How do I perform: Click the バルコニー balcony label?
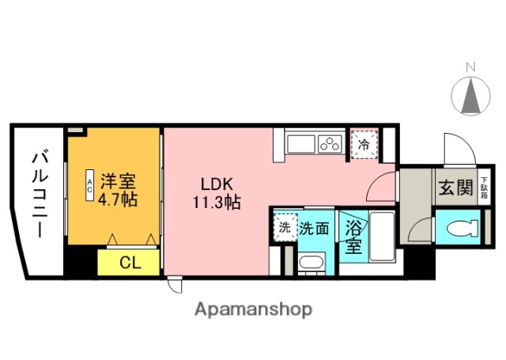click(x=38, y=195)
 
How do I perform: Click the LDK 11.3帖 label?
click(x=218, y=192)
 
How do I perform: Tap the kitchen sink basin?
click(x=300, y=144)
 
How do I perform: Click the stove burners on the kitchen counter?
click(x=329, y=144)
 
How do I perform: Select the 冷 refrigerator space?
click(x=364, y=145)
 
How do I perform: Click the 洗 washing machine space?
click(x=284, y=227)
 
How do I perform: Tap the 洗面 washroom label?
click(x=314, y=228)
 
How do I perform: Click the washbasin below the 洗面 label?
click(x=312, y=262)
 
